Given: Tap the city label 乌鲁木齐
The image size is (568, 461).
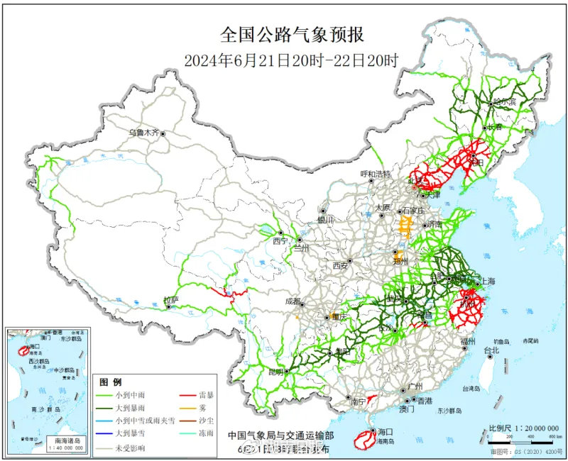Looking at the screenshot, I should [x=144, y=133].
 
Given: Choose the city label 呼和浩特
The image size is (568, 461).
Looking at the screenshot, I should [x=376, y=174].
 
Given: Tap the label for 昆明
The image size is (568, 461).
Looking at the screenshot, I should [x=275, y=371].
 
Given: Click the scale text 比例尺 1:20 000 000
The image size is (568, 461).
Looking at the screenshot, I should [x=524, y=428].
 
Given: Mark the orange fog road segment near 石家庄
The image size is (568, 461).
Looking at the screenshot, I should [x=406, y=227].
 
